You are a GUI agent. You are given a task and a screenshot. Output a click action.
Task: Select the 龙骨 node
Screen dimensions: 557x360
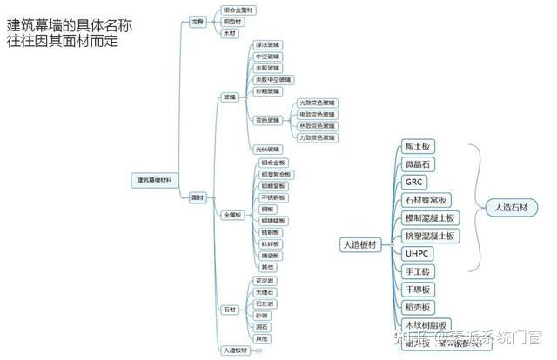[198, 21]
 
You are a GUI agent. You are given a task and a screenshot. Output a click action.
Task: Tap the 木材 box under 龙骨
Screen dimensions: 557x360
[231, 33]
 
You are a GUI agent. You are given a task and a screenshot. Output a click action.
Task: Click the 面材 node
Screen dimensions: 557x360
[198, 198]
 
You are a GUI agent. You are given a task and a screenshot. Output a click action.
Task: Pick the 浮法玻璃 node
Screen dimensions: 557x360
[268, 43]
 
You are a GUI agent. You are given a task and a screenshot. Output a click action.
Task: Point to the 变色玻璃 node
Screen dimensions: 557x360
[268, 120]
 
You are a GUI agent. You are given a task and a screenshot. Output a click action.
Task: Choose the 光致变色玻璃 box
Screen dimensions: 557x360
[317, 103]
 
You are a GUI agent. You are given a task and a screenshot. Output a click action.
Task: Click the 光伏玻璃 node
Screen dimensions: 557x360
[268, 150]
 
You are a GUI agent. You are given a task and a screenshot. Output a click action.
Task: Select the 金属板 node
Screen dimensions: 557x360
[232, 214]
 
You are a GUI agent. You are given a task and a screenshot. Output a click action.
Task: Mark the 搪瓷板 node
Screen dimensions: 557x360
[270, 256]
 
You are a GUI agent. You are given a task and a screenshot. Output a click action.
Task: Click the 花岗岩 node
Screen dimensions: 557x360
[265, 281]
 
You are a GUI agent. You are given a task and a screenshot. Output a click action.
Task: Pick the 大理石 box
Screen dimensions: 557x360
[265, 292]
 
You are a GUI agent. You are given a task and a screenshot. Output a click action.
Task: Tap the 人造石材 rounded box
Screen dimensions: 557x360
[510, 208]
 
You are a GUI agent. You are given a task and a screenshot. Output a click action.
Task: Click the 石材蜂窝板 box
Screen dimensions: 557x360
[426, 200]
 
